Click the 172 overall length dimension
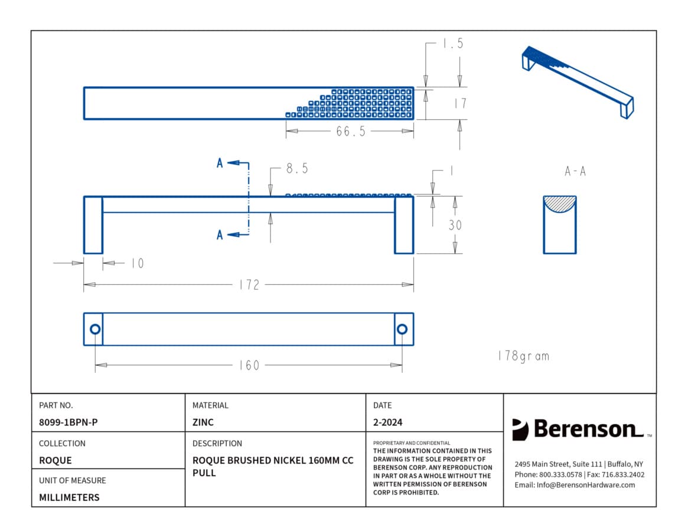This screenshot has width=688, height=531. (x=249, y=285)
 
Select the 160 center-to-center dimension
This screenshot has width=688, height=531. (x=249, y=365)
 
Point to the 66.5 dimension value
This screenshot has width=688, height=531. (x=351, y=131)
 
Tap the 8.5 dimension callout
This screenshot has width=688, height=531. (x=297, y=168)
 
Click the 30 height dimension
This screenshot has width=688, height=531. (x=455, y=225)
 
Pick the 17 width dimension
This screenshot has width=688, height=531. (x=460, y=103)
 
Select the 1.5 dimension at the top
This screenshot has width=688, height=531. (x=454, y=44)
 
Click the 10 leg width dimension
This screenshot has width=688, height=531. (x=138, y=263)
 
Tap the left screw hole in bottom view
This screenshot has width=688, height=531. (x=95, y=329)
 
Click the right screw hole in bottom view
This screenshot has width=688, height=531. (x=402, y=329)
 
